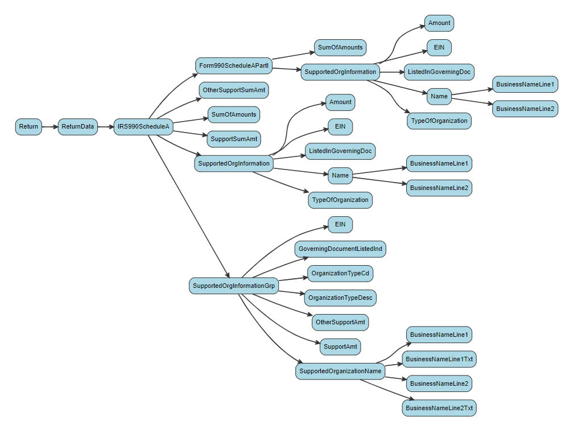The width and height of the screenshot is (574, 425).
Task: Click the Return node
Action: (x=28, y=127)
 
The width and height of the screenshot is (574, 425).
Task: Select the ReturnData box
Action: (x=78, y=127)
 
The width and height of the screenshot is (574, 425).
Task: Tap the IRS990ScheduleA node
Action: (x=143, y=127)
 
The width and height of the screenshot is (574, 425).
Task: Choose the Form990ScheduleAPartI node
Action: (x=233, y=65)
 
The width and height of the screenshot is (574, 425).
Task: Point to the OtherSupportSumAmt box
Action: (x=234, y=90)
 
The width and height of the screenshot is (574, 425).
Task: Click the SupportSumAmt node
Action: (x=234, y=139)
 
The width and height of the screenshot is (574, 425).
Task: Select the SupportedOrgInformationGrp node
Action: (x=234, y=286)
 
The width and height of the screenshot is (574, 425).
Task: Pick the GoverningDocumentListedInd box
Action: (x=340, y=249)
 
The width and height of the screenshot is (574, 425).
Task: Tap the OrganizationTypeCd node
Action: (x=340, y=273)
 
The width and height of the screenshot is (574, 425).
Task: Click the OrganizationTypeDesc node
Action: (x=340, y=298)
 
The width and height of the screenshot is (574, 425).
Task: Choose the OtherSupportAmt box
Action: (x=340, y=322)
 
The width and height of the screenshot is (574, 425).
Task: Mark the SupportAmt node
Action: (x=340, y=346)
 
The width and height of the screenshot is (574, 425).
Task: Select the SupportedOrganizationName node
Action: (x=340, y=372)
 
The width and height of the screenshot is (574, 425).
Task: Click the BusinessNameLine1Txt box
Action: (x=439, y=359)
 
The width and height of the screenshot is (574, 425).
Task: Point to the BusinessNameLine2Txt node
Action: (x=439, y=408)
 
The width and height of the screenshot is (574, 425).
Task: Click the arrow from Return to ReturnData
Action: (x=50, y=127)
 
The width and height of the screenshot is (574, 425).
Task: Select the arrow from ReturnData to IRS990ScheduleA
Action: (x=106, y=127)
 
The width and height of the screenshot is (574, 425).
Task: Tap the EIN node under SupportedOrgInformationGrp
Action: (x=340, y=225)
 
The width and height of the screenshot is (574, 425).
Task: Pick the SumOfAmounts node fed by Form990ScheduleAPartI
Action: (x=340, y=47)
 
